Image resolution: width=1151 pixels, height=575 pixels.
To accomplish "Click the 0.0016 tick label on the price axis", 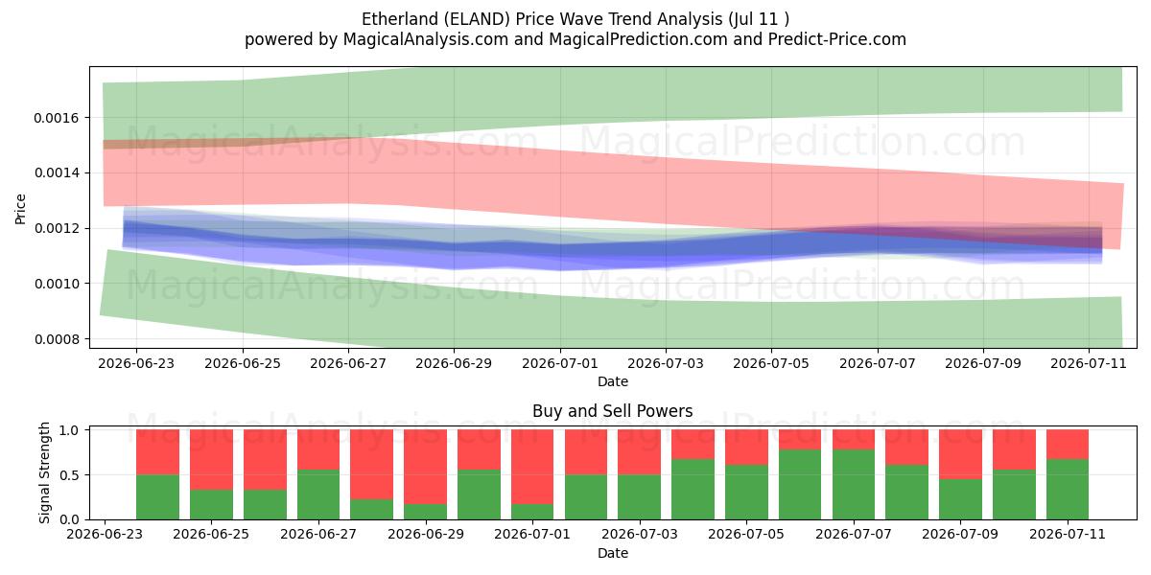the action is tap(57, 118).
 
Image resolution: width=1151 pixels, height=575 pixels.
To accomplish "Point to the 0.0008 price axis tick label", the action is tap(57, 339).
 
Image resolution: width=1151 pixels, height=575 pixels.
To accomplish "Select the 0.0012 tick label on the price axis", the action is tap(57, 228).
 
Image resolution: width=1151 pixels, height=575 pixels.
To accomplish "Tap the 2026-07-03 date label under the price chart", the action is tap(666, 363).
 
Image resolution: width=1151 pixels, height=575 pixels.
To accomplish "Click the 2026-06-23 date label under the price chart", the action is tap(136, 363).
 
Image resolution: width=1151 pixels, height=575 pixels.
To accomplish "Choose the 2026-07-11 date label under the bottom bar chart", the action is tap(1068, 534).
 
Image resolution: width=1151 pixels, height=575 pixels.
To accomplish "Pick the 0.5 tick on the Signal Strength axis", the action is tap(69, 475).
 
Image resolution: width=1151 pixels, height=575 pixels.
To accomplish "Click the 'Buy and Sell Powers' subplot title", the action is tap(613, 411).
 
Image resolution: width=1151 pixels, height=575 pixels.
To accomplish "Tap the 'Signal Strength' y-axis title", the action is tap(44, 472).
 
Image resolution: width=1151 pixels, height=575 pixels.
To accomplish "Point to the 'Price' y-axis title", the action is tap(20, 209).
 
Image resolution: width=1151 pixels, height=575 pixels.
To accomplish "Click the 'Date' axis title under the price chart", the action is tap(613, 381).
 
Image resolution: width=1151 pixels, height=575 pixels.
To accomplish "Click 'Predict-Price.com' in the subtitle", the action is tap(837, 39).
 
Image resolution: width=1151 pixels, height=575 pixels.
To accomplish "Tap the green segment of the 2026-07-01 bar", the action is tap(532, 512).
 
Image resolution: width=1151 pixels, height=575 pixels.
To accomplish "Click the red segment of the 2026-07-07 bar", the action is tap(854, 440).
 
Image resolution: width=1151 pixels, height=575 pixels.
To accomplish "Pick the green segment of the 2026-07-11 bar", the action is tap(1068, 490).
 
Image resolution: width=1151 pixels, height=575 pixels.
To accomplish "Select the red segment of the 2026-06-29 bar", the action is tap(425, 467).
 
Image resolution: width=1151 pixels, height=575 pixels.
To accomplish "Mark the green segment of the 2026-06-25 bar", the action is tap(211, 505).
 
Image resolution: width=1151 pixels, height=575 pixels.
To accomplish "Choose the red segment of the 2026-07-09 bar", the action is tap(960, 454).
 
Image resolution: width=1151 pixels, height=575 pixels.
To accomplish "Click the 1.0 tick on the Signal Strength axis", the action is tap(69, 430).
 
